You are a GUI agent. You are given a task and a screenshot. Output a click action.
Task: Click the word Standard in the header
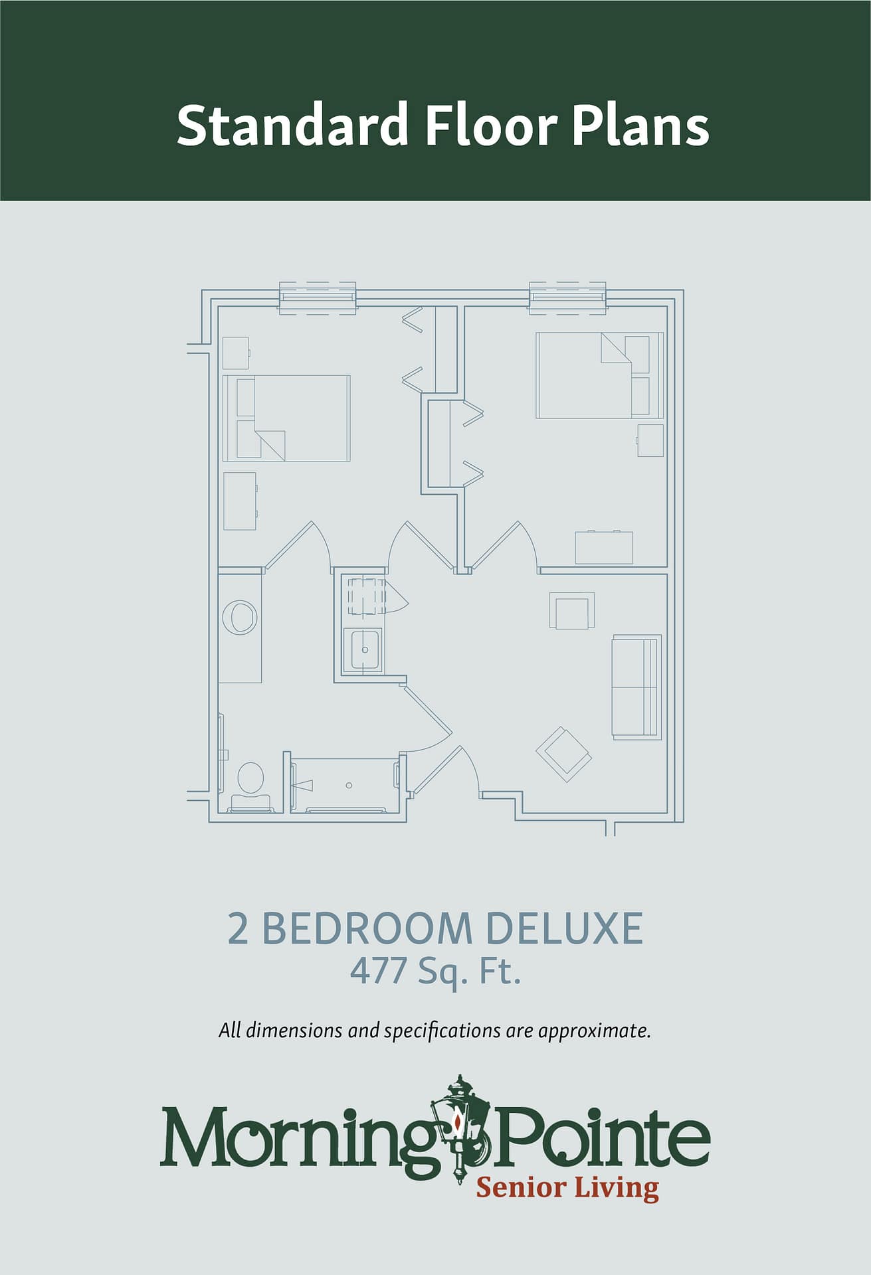[x=292, y=125]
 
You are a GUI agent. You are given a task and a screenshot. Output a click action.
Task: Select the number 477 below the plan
[x=378, y=971]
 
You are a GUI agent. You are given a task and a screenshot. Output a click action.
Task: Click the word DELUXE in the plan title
[x=565, y=928]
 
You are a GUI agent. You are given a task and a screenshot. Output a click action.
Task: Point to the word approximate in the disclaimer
[x=593, y=1031]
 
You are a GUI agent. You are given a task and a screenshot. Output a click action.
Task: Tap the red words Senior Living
[x=567, y=1187]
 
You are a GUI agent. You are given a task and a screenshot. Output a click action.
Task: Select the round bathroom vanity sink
[x=240, y=618]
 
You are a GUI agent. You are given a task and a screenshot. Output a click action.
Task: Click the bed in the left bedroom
[x=286, y=418]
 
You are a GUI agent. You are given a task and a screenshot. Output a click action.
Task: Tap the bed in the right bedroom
[x=600, y=375]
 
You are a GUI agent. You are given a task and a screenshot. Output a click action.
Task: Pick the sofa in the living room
[x=636, y=687]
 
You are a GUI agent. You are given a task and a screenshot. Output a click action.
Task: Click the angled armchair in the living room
[x=564, y=754]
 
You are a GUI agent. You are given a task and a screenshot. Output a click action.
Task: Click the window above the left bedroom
[x=318, y=297]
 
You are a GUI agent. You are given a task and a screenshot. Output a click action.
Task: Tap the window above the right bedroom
[x=568, y=297]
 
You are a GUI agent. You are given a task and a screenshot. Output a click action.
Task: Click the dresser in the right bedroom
[x=604, y=547]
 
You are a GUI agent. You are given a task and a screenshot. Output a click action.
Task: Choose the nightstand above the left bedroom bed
[x=235, y=353]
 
